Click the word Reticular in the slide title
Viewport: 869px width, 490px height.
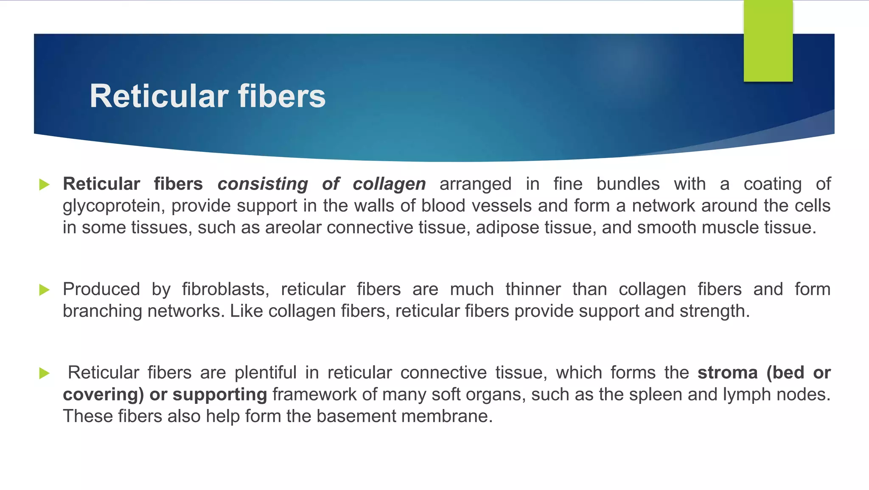click(160, 96)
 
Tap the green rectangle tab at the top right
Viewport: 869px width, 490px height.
click(768, 41)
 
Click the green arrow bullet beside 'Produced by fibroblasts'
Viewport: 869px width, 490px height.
click(44, 290)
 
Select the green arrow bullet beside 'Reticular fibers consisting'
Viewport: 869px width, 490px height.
click(44, 185)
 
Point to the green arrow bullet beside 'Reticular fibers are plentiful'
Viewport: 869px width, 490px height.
click(44, 373)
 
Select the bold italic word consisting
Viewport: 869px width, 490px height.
click(263, 184)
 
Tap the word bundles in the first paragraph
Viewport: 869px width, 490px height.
click(628, 184)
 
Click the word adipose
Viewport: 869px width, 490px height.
click(507, 228)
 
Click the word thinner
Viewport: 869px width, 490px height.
click(533, 289)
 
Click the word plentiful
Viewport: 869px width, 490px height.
click(265, 373)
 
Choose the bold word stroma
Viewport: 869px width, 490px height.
click(727, 373)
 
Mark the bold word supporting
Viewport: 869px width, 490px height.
click(219, 395)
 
